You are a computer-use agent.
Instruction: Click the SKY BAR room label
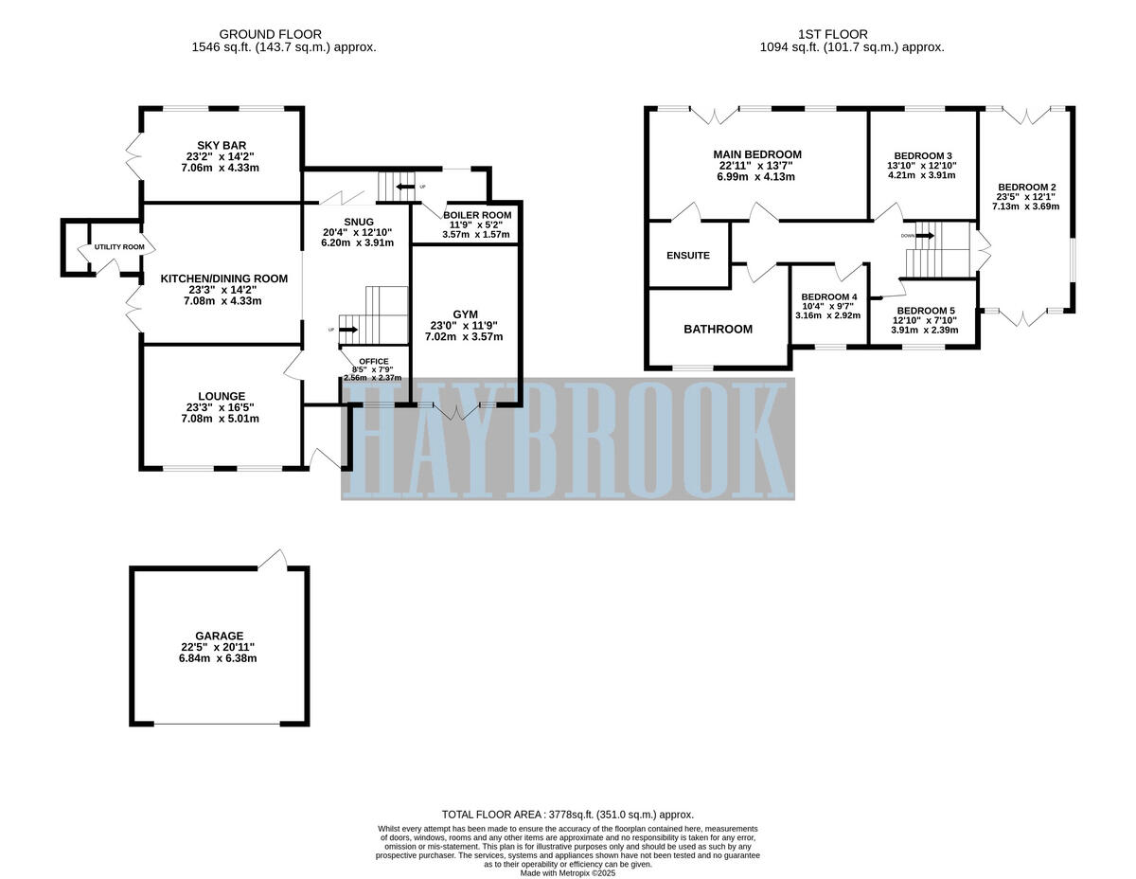point(222,145)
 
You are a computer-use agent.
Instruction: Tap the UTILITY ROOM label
point(119,247)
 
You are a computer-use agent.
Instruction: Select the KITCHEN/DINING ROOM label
point(223,278)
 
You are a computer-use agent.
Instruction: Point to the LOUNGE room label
point(222,396)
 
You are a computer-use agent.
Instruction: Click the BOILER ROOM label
point(476,215)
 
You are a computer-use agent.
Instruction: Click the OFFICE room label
point(372,361)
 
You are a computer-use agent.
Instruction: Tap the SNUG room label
point(359,222)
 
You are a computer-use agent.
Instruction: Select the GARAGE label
point(220,636)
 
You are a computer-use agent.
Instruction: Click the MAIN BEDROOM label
point(757,154)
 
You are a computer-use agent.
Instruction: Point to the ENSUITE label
point(687,256)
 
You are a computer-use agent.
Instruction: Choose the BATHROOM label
point(718,330)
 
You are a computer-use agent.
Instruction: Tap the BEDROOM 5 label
point(926,311)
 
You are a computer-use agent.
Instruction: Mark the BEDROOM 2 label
point(1025,187)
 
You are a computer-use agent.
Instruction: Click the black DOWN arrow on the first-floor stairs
point(925,236)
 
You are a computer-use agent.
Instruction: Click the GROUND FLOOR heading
point(282,34)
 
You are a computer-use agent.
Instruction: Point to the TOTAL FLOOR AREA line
point(568,815)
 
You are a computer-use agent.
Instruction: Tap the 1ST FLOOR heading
point(852,34)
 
